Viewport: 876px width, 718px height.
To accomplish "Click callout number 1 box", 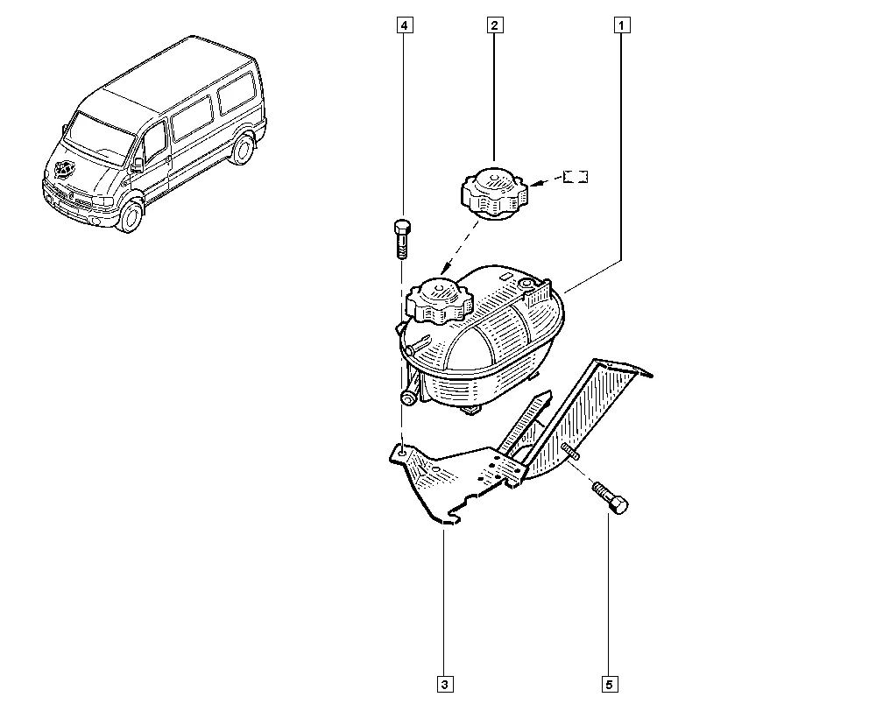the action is [x=622, y=25].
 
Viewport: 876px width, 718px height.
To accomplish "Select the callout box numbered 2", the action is [x=494, y=25].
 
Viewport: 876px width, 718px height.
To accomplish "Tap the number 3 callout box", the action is [x=445, y=685].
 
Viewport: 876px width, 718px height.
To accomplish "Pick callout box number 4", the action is [x=405, y=25].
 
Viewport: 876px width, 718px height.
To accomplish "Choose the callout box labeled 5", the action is [x=610, y=685].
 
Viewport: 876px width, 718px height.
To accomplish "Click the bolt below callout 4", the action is [x=402, y=239].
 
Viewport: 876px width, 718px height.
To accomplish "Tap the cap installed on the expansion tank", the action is [x=439, y=302].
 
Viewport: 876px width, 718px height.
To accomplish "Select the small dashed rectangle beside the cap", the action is [x=576, y=177].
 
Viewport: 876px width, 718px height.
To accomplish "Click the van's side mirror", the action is [x=137, y=165].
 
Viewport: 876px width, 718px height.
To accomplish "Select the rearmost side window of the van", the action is [x=236, y=93].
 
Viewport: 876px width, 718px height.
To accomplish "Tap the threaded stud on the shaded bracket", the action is [x=570, y=451].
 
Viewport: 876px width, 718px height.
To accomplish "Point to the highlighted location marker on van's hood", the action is [x=65, y=170].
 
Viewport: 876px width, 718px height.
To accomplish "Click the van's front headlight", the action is [x=104, y=201].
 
